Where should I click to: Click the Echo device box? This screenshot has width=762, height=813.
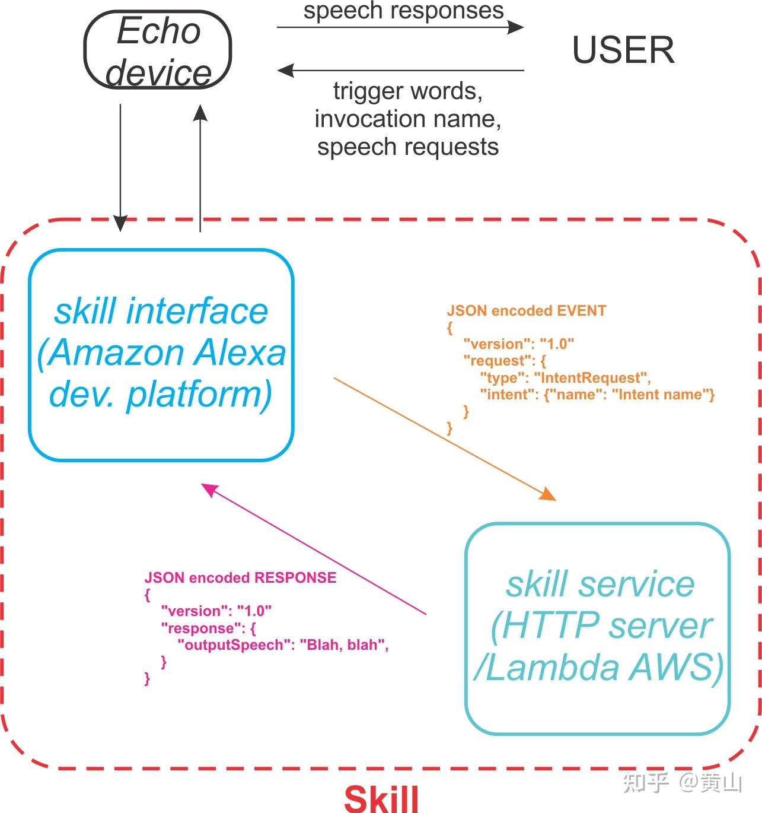(x=158, y=50)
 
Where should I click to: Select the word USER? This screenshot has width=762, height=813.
(x=623, y=50)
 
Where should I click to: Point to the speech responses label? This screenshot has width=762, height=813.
(x=403, y=11)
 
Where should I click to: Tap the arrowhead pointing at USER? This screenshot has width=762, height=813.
(x=516, y=27)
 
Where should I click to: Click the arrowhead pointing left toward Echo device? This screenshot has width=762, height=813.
(x=286, y=70)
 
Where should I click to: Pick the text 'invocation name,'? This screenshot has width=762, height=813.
(x=408, y=119)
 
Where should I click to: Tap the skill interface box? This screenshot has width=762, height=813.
(x=161, y=354)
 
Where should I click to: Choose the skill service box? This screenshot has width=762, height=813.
(x=598, y=628)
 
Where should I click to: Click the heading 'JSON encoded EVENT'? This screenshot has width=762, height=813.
(x=526, y=310)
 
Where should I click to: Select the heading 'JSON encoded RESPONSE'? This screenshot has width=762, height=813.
(x=240, y=577)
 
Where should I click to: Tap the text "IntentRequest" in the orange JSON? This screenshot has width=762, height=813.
(x=592, y=377)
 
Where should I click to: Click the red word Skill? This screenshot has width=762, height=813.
(x=381, y=798)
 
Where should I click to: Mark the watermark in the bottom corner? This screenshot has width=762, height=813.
(x=683, y=782)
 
